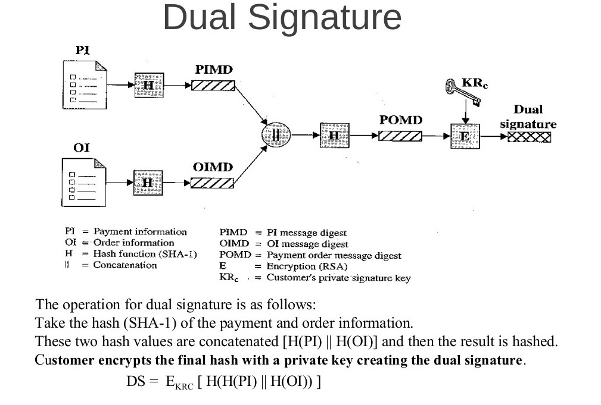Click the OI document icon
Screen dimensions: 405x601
pos(84,181)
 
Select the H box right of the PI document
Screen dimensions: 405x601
pos(148,85)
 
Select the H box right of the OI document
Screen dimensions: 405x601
pos(148,183)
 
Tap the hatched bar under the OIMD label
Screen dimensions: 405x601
pos(213,183)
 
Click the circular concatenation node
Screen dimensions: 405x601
pos(276,136)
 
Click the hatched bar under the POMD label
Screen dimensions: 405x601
pos(400,136)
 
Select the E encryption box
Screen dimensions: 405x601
pos(465,136)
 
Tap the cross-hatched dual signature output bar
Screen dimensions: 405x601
pos(529,137)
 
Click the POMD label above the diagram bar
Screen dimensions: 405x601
pos(400,120)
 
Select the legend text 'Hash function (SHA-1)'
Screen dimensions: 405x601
pos(145,254)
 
